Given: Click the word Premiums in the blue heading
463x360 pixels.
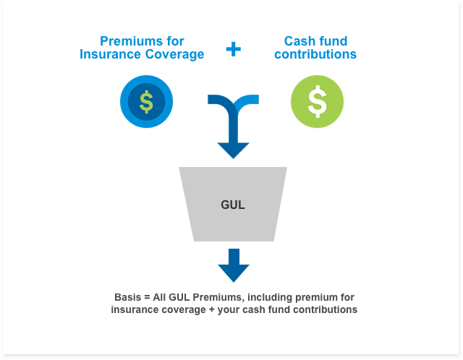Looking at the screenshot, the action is [x=132, y=41].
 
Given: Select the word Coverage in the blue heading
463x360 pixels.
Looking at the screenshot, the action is [x=174, y=55].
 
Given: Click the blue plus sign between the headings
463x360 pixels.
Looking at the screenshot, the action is [x=233, y=49].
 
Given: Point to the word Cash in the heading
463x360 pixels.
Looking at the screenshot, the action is [x=298, y=41].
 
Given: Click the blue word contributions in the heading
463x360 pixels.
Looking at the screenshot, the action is [x=315, y=54].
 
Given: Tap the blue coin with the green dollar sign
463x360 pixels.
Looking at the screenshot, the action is [x=146, y=101].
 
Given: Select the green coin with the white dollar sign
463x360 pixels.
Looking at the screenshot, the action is [x=317, y=101].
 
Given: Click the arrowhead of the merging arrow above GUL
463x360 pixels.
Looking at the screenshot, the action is [x=233, y=150].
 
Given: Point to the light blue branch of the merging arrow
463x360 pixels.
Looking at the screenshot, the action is [x=248, y=100].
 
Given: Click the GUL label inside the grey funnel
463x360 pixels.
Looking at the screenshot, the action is [x=233, y=205].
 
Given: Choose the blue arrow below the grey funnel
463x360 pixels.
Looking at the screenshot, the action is [x=234, y=265].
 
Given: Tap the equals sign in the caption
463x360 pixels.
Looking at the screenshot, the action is [x=147, y=297].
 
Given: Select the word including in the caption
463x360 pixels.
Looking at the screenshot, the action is [x=270, y=298].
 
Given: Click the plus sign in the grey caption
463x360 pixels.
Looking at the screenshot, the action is [x=211, y=310].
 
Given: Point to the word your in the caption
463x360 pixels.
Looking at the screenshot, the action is [x=229, y=310].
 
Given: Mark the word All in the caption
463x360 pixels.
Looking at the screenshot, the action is [x=159, y=297].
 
